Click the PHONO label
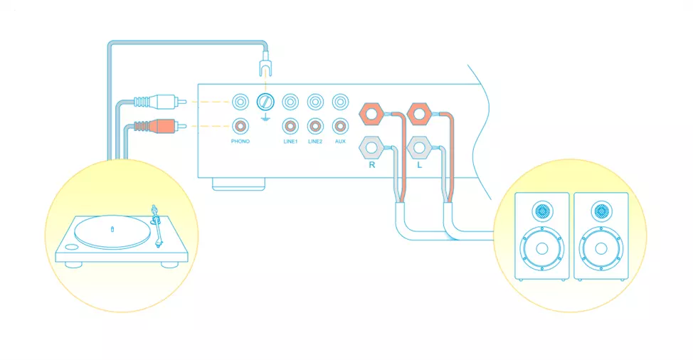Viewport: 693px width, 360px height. (240, 142)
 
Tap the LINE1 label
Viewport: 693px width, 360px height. (290, 142)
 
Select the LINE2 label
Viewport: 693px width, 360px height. (315, 142)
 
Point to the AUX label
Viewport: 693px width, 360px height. (340, 142)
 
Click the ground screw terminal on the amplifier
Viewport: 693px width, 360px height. (265, 101)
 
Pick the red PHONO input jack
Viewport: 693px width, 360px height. (240, 127)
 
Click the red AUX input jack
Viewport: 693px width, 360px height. (341, 127)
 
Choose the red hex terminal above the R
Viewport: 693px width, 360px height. (371, 114)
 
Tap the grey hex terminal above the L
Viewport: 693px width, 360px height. (419, 149)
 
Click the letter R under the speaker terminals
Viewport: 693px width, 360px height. (371, 165)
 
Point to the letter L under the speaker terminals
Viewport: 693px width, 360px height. (419, 165)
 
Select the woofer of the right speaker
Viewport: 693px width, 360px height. (602, 249)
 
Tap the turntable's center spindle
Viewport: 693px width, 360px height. (113, 228)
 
